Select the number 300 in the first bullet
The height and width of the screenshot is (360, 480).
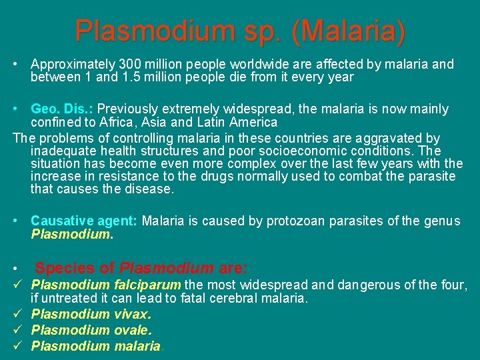pos(129,65)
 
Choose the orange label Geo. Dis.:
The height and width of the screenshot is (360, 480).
pos(63,109)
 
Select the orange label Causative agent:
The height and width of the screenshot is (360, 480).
pos(85,221)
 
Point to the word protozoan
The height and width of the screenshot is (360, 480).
pos(295,221)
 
